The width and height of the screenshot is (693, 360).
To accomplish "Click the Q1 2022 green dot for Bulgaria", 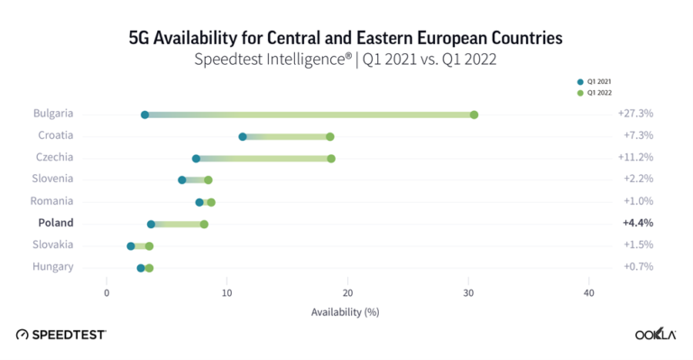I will tap(474, 115).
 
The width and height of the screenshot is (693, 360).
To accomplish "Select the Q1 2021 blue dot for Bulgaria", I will tap(144, 115).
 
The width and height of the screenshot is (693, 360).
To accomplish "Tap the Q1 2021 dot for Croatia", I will tap(243, 136).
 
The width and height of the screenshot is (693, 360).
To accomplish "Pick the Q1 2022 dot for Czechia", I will tap(331, 158).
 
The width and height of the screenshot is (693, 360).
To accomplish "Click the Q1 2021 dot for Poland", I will tap(151, 224).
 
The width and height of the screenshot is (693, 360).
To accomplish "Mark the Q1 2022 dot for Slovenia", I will tap(208, 180).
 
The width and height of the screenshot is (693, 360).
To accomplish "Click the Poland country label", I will tap(55, 223).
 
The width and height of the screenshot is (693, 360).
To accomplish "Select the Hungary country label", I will tap(53, 266).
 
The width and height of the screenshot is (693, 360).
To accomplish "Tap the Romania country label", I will tap(52, 201).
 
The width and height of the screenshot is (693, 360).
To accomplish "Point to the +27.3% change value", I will tap(635, 115).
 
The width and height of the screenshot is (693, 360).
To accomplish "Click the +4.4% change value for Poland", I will tap(637, 223).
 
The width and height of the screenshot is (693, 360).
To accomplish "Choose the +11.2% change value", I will tap(635, 158).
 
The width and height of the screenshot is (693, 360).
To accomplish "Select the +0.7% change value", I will tap(637, 267).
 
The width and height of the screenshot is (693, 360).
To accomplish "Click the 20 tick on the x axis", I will tap(347, 292).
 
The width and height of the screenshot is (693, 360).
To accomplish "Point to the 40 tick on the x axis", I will tap(588, 292).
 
